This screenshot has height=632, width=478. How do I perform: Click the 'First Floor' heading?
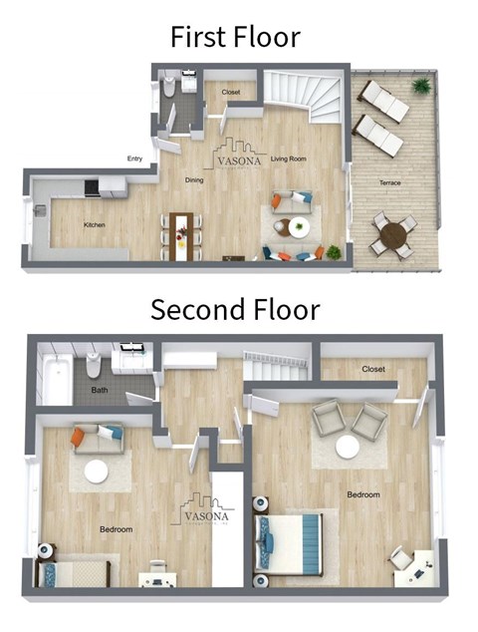[x=235, y=37]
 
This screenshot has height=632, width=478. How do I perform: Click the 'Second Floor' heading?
[x=235, y=309]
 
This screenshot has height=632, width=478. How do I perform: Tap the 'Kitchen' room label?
[x=95, y=225]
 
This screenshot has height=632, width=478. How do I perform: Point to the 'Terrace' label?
[x=390, y=183]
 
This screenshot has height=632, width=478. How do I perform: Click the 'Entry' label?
[x=134, y=158]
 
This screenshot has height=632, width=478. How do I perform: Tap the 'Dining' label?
[x=194, y=179]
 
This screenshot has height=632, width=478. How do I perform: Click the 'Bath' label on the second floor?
[x=100, y=391]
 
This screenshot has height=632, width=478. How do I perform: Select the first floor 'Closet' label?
[x=231, y=93]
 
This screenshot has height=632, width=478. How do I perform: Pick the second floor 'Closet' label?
[x=373, y=369]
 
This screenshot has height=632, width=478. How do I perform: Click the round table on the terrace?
[x=393, y=235]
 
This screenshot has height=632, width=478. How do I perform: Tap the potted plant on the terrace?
[x=422, y=85]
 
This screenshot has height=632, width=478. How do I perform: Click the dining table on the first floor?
[x=182, y=235]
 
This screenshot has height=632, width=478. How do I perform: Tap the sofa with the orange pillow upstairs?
[x=98, y=437]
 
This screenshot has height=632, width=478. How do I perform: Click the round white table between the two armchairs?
[x=347, y=449]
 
